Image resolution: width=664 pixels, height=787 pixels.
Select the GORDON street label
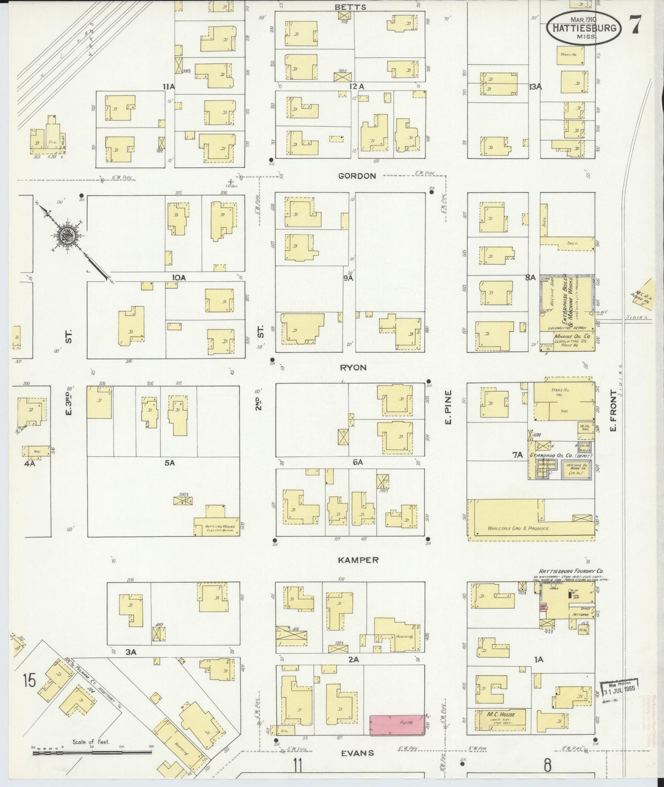[x=357, y=176]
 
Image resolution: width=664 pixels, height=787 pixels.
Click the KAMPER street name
[x=358, y=560]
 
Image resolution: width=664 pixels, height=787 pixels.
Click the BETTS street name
[x=350, y=7]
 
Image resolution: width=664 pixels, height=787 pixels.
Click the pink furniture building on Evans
[x=397, y=725]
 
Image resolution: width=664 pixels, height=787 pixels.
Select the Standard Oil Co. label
[x=552, y=455]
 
